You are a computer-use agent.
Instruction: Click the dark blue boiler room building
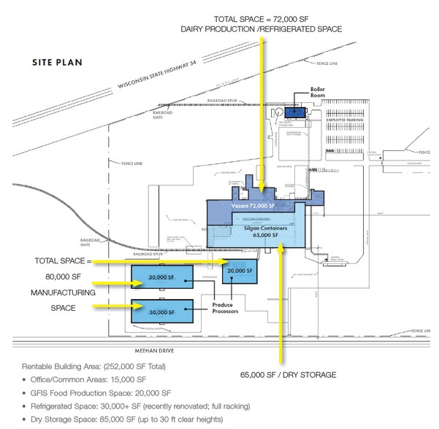tap(295, 112)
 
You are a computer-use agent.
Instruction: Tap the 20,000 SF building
tap(240, 270)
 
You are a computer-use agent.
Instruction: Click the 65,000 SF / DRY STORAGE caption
tap(289, 374)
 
